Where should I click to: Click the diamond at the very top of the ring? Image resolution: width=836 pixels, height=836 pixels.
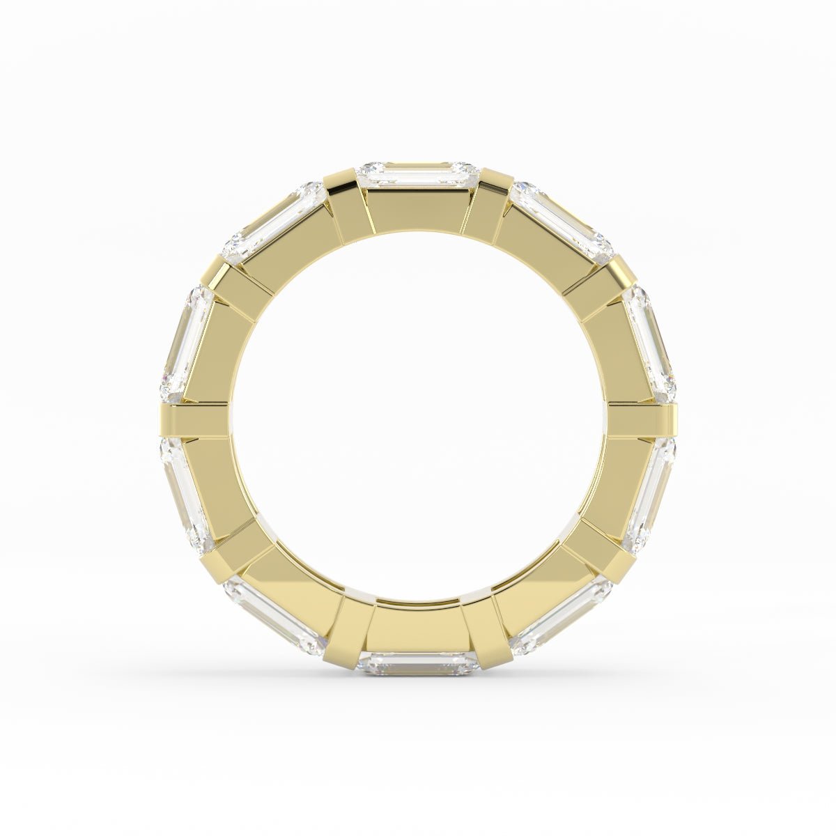[x=418, y=175]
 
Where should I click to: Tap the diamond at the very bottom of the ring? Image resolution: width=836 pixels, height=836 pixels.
[x=418, y=664]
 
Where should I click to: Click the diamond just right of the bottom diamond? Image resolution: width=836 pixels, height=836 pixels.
[x=562, y=615]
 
